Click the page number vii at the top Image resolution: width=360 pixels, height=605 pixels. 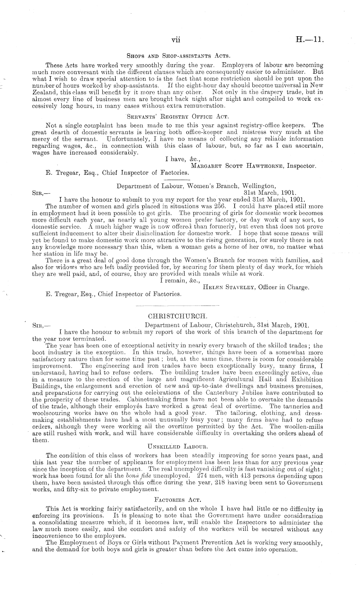click(175, 40)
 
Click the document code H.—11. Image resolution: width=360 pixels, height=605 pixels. click(310, 40)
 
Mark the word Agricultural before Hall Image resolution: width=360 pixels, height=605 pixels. click(246, 380)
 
